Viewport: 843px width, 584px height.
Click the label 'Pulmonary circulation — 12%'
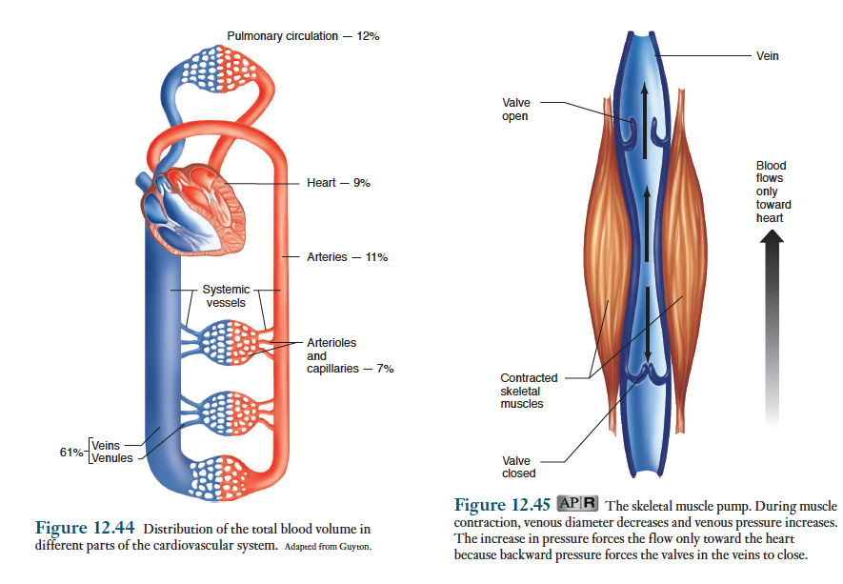[303, 36]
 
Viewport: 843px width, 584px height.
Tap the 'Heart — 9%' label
[338, 183]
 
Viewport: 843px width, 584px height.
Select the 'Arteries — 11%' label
[347, 257]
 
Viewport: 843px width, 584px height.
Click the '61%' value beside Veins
[71, 451]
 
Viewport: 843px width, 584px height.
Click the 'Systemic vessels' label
[226, 296]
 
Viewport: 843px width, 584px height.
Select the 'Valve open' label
[515, 110]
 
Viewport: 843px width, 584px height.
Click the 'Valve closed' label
[518, 467]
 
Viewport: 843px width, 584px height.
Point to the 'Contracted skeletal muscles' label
[529, 391]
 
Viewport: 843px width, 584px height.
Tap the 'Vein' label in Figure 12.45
[767, 56]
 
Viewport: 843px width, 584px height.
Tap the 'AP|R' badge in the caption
[578, 504]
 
